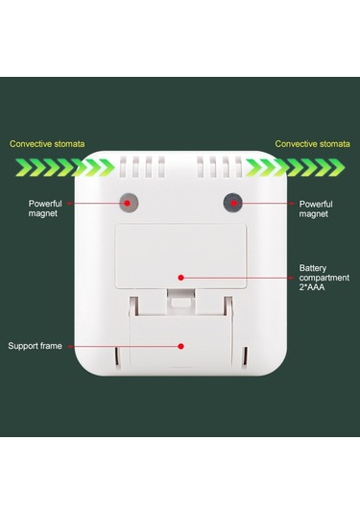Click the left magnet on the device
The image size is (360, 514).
click(127, 203)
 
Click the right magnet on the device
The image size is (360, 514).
click(231, 203)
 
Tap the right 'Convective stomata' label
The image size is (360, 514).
click(311, 144)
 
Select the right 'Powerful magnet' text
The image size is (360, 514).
click(316, 208)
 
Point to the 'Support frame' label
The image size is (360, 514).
click(37, 345)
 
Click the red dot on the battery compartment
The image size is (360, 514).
click(180, 278)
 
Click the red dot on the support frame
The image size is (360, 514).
click(180, 345)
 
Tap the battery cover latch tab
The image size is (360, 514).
click(180, 302)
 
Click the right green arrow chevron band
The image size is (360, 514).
click(297, 168)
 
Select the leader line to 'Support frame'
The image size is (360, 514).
click(125, 345)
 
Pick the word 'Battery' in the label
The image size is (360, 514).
click(313, 268)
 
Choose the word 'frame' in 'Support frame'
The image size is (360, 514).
click(53, 345)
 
